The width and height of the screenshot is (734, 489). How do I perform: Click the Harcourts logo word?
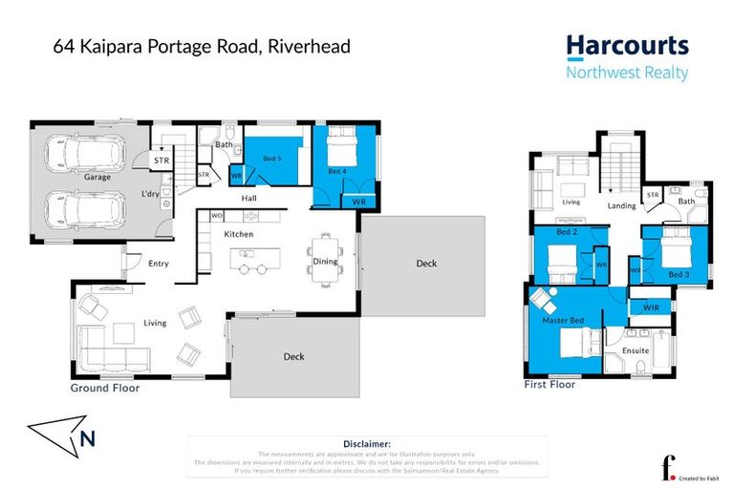point(627,46)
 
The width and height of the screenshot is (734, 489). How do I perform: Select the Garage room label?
point(97,178)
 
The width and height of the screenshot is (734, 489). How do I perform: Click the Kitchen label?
point(238,234)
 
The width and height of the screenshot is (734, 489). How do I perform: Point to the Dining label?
point(325,262)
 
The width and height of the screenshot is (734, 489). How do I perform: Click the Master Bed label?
point(563,320)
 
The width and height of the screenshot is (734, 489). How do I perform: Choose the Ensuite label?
point(636,351)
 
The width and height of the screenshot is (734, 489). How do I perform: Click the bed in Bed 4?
point(340,148)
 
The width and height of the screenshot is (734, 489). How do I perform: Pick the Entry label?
point(159,263)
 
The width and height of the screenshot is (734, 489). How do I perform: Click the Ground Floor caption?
point(105,389)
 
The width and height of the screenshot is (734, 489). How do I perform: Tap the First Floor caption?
point(550,384)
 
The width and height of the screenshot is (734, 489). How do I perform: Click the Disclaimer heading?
point(366,444)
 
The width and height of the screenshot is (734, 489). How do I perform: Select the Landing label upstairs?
point(623,205)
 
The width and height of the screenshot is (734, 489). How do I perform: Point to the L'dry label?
point(150,195)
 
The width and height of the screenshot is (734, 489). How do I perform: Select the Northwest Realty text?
point(627,74)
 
